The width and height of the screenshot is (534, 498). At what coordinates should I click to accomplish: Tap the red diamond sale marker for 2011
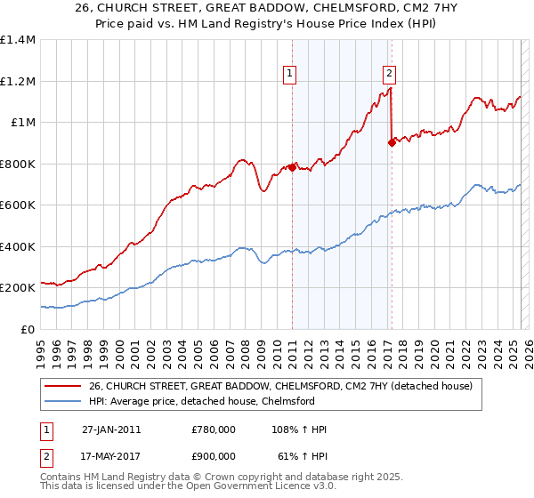292,167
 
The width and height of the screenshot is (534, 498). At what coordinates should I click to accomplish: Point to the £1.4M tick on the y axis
18,40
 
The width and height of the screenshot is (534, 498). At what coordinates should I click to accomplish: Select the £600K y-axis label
18,205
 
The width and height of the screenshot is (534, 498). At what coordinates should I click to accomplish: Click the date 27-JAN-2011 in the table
111,430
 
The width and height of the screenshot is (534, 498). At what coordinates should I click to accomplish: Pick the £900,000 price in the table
214,455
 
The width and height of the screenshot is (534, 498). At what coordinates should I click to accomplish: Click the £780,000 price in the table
214,430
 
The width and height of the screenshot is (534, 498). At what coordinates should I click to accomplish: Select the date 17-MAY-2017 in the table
111,455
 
